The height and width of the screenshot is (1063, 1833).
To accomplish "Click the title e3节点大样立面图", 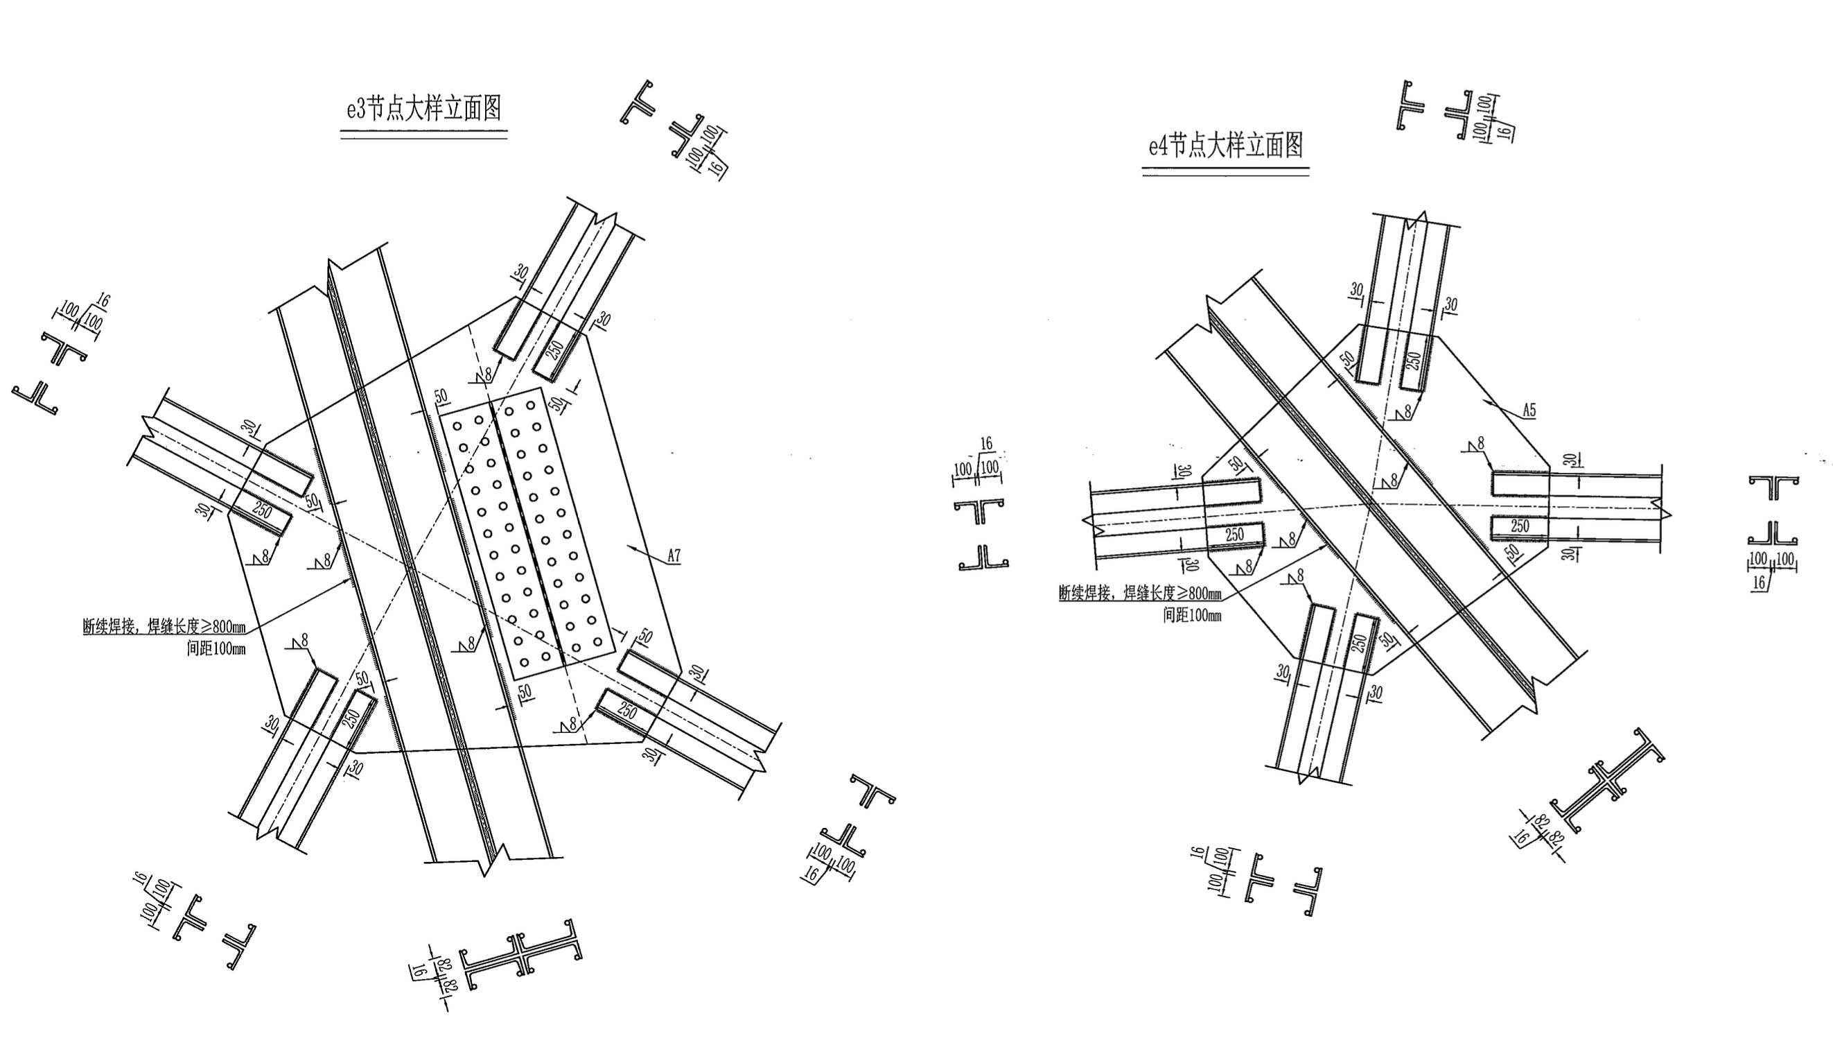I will [x=424, y=109].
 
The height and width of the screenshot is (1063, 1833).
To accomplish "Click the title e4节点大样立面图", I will [x=1226, y=146].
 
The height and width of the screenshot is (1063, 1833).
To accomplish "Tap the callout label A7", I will [x=674, y=557].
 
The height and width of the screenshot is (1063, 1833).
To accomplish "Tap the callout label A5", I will [x=1529, y=410].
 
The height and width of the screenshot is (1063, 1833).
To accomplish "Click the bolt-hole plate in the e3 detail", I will [x=527, y=534].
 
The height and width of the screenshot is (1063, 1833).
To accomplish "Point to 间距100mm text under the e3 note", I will [x=216, y=648].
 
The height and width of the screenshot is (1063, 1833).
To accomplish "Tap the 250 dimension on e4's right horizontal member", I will [x=1520, y=526].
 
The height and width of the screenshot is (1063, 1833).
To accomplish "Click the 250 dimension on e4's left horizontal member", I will [x=1234, y=534].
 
